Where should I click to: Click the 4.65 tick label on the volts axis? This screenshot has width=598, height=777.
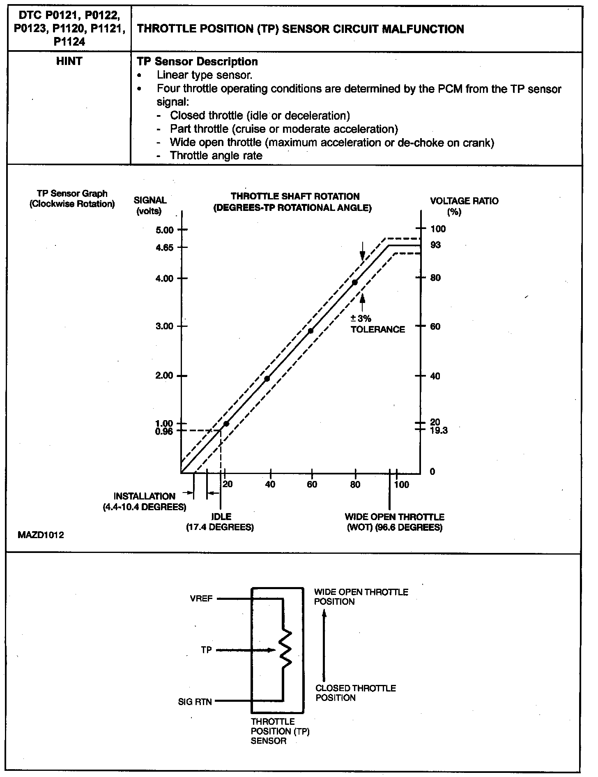pyautogui.click(x=165, y=247)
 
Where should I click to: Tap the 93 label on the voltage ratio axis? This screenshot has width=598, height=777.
pyautogui.click(x=435, y=245)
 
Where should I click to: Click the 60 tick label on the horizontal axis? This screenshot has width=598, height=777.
pyautogui.click(x=312, y=484)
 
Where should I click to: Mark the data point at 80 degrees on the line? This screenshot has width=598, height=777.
pyautogui.click(x=355, y=282)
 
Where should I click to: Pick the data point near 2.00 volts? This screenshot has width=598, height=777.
pyautogui.click(x=267, y=379)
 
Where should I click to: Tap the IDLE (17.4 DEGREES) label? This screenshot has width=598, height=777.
pyautogui.click(x=221, y=522)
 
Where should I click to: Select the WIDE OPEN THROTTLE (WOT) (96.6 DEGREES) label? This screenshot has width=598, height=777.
pyautogui.click(x=394, y=522)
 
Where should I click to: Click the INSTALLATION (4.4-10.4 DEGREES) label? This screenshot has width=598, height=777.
pyautogui.click(x=144, y=502)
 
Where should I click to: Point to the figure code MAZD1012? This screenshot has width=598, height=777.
pyautogui.click(x=41, y=535)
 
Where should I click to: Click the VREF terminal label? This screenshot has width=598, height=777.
pyautogui.click(x=201, y=599)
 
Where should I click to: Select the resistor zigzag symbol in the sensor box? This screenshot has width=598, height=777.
pyautogui.click(x=285, y=650)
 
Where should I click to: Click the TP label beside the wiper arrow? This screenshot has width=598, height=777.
pyautogui.click(x=206, y=650)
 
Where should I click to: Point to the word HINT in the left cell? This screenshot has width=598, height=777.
pyautogui.click(x=69, y=61)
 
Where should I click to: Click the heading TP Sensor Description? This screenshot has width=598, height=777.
pyautogui.click(x=197, y=62)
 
